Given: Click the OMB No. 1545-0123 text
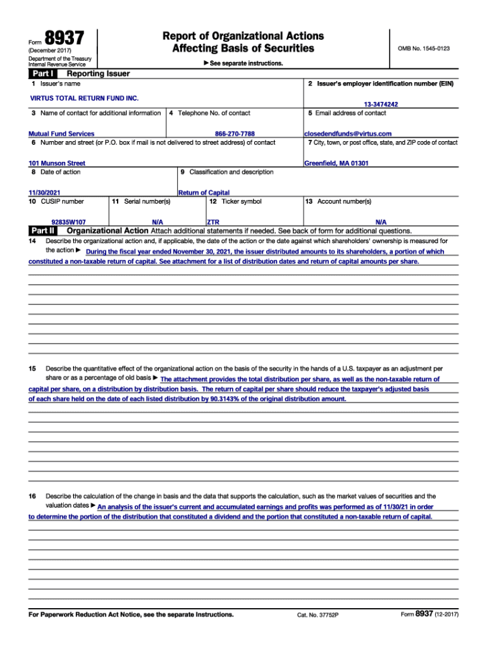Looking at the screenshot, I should coord(423,49).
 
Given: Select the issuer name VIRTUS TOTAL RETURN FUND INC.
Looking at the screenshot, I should coord(84,99).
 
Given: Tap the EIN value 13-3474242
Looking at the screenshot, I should coord(380,104).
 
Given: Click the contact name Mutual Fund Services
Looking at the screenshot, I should coord(61,134).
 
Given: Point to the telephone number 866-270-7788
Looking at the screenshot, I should coord(235,134).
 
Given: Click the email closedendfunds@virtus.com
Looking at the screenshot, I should coord(348,134).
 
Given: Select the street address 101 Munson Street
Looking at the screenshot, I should coord(57,163).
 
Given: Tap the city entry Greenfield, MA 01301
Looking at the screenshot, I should coord(336,163).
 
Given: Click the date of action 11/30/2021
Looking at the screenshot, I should coord(45,192).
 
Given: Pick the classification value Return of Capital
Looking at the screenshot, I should coord(204,192).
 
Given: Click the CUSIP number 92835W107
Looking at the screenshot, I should coord(68,222).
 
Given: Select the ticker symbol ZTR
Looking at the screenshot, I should coord(213,222).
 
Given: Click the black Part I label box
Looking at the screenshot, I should coord(42,74).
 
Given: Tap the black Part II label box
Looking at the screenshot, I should coord(42,230).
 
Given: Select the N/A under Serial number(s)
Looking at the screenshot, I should coord(157,222).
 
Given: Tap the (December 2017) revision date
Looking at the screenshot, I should coord(50,51).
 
